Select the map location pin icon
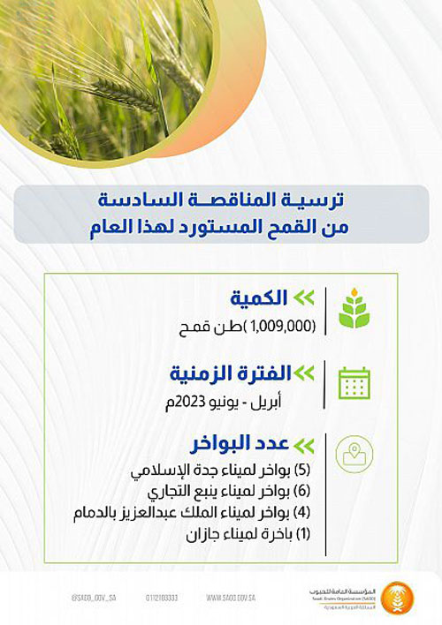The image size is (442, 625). click(355, 454)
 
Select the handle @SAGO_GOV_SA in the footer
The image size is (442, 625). click(63, 598)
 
